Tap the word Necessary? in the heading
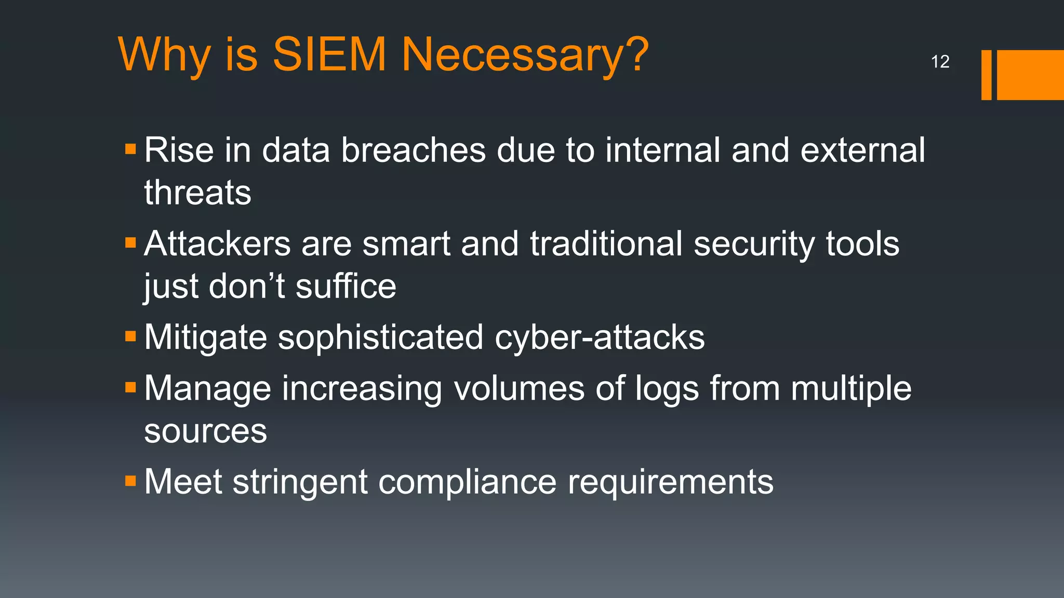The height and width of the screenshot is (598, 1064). point(525,55)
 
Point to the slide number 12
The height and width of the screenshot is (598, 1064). point(940,62)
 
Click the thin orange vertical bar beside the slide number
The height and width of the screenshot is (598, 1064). point(986,75)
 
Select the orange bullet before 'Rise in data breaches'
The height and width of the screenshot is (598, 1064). point(130,150)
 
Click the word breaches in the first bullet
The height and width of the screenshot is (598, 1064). point(413,151)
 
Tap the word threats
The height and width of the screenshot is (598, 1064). point(197,193)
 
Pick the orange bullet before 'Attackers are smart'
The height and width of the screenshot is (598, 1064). point(130,243)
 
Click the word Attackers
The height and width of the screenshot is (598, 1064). point(217,243)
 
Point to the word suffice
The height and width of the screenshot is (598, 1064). point(345,286)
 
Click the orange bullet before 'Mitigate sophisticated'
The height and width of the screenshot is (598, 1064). point(130,336)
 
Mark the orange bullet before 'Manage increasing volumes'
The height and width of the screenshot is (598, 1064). point(130,387)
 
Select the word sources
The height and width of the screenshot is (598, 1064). point(205,431)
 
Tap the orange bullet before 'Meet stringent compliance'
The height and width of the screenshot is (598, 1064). point(130,481)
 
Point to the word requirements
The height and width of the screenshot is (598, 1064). point(670,483)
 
